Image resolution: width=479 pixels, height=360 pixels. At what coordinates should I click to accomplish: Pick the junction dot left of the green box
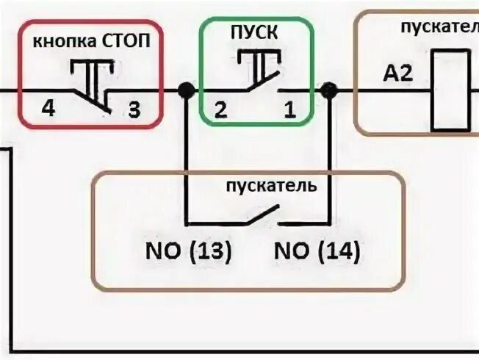click(x=187, y=90)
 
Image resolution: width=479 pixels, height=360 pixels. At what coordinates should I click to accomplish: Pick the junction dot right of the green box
click(x=329, y=90)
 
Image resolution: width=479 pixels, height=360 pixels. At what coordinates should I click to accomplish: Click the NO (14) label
click(x=317, y=253)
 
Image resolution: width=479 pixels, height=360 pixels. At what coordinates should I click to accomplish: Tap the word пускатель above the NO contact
click(x=272, y=185)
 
